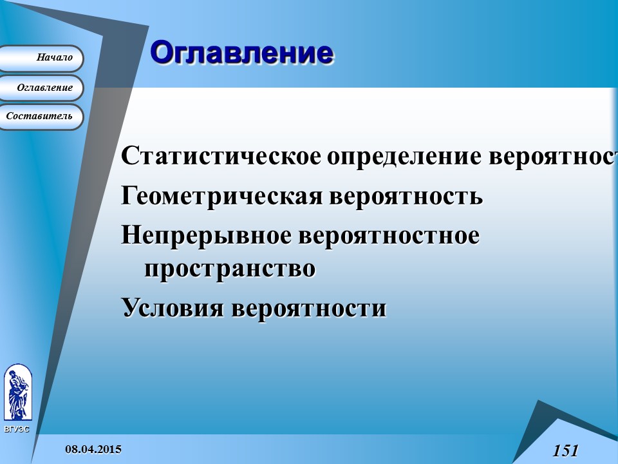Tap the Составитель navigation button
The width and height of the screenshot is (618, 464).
click(x=40, y=117)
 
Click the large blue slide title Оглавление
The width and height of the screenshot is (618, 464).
click(x=241, y=53)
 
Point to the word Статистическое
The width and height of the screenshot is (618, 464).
click(x=221, y=157)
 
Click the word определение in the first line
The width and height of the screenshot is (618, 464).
click(x=405, y=157)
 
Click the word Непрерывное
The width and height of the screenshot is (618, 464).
click(x=205, y=235)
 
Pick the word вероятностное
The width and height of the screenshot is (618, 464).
click(x=388, y=235)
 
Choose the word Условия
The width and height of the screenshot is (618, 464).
click(x=173, y=307)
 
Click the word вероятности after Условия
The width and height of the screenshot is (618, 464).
click(x=308, y=307)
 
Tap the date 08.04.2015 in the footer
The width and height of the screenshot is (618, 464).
click(x=93, y=449)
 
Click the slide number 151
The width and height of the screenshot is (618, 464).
click(x=565, y=450)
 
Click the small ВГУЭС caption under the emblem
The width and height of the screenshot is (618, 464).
click(x=17, y=429)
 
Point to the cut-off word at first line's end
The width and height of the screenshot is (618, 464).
click(x=554, y=157)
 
